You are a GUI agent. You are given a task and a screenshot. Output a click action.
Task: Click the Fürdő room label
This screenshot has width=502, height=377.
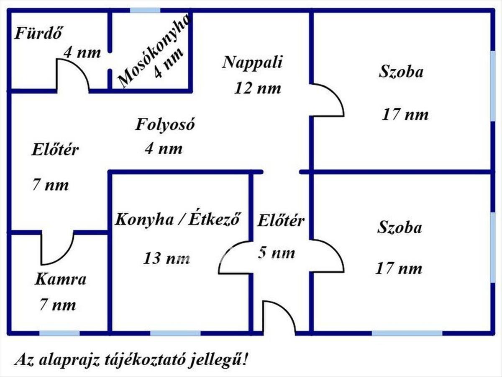coord(38,34)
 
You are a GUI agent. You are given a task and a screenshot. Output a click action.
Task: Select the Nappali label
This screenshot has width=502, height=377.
coord(253,62)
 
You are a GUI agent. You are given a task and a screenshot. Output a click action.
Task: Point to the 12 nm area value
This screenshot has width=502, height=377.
coord(258,88)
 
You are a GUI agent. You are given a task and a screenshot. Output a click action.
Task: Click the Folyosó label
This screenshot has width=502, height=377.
coord(165,125)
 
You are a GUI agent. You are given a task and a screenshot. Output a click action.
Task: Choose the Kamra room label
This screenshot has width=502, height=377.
coord(61,279)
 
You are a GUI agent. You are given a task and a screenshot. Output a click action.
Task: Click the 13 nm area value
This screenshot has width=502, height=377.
coord(166,258)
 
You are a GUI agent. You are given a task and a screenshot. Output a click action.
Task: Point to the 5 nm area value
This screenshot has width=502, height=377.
coord(277,253)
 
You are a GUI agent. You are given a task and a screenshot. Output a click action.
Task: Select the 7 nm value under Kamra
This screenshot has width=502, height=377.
coord(58,305)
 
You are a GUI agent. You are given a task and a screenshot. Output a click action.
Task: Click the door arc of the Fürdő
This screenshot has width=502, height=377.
coord(73,75)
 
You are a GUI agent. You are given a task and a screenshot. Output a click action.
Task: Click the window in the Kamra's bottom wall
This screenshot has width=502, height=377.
coord(59,333)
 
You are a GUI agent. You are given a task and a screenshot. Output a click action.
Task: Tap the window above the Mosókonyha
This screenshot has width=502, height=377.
coord(145,10)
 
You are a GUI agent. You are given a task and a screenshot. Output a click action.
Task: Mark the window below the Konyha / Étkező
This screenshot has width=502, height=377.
coord(175,333)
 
